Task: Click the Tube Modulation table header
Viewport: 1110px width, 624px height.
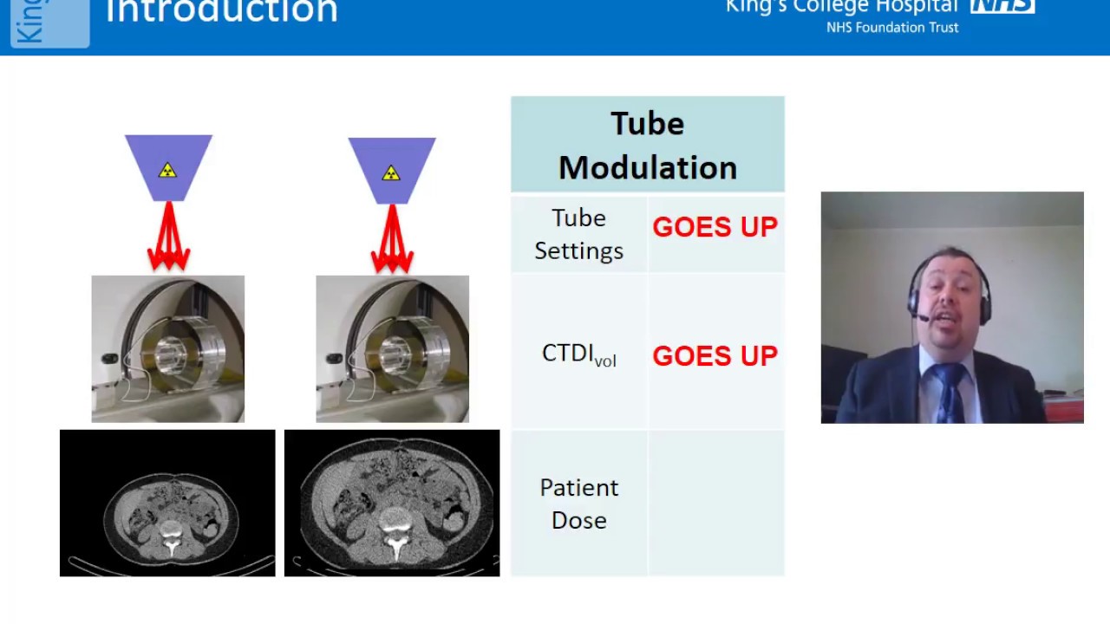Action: click(x=647, y=145)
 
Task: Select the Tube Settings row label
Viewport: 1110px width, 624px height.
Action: click(x=578, y=234)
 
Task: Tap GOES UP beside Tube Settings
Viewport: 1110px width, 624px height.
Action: click(x=715, y=227)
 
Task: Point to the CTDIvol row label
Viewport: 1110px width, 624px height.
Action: click(x=578, y=354)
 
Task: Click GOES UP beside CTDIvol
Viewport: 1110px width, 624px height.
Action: click(x=715, y=355)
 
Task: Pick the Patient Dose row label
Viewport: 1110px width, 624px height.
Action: click(x=578, y=504)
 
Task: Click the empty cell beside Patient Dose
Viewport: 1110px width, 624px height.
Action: click(x=715, y=504)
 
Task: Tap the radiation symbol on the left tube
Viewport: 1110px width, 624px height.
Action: click(x=167, y=171)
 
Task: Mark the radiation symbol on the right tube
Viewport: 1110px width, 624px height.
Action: click(x=391, y=173)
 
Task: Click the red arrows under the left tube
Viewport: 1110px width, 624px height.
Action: click(x=168, y=238)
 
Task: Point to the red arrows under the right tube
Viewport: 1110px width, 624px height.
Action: click(x=392, y=240)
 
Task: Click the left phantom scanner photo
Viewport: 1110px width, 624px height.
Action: click(x=168, y=349)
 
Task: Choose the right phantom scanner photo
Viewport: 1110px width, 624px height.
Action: click(x=392, y=349)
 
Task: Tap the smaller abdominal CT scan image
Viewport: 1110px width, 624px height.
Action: click(x=167, y=503)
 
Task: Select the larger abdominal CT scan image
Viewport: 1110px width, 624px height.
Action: click(x=392, y=503)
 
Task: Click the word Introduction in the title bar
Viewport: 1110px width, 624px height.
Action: click(x=221, y=12)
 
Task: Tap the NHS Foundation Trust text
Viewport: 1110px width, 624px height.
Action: click(x=892, y=28)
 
